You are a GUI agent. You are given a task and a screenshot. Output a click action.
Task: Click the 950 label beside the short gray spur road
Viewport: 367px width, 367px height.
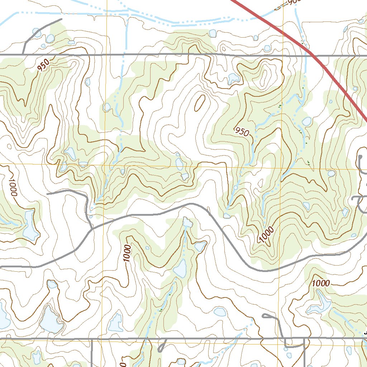coord(43,65)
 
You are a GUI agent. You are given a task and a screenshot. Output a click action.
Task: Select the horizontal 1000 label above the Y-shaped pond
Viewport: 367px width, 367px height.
coord(321,283)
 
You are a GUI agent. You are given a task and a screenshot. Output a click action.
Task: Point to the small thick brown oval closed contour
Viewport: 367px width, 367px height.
coord(200,103)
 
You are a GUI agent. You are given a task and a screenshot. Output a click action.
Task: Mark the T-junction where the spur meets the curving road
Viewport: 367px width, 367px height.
coord(92,228)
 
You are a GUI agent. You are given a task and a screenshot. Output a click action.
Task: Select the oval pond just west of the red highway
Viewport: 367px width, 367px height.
coord(306,121)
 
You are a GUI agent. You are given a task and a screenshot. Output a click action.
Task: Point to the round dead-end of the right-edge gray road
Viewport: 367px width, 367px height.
coord(361,157)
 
